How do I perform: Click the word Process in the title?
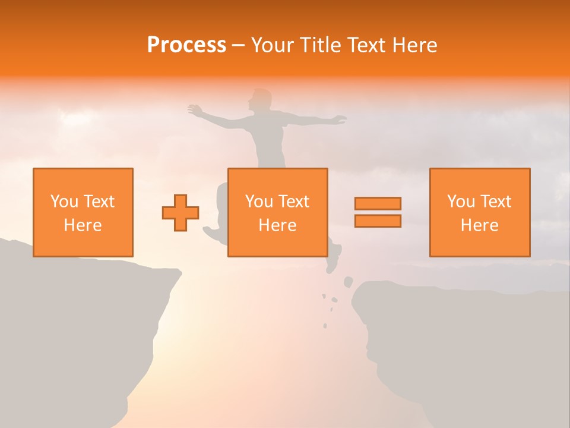tap(186, 45)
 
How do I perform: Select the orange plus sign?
tap(180, 213)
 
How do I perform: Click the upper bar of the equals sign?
tap(378, 203)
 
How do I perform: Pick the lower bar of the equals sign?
tap(378, 221)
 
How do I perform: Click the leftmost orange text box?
tap(83, 212)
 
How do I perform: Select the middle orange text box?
tap(277, 212)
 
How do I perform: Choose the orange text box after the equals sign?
tap(479, 212)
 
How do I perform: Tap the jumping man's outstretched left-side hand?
tap(194, 109)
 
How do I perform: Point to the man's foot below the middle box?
tap(333, 262)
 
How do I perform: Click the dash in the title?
tap(238, 46)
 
